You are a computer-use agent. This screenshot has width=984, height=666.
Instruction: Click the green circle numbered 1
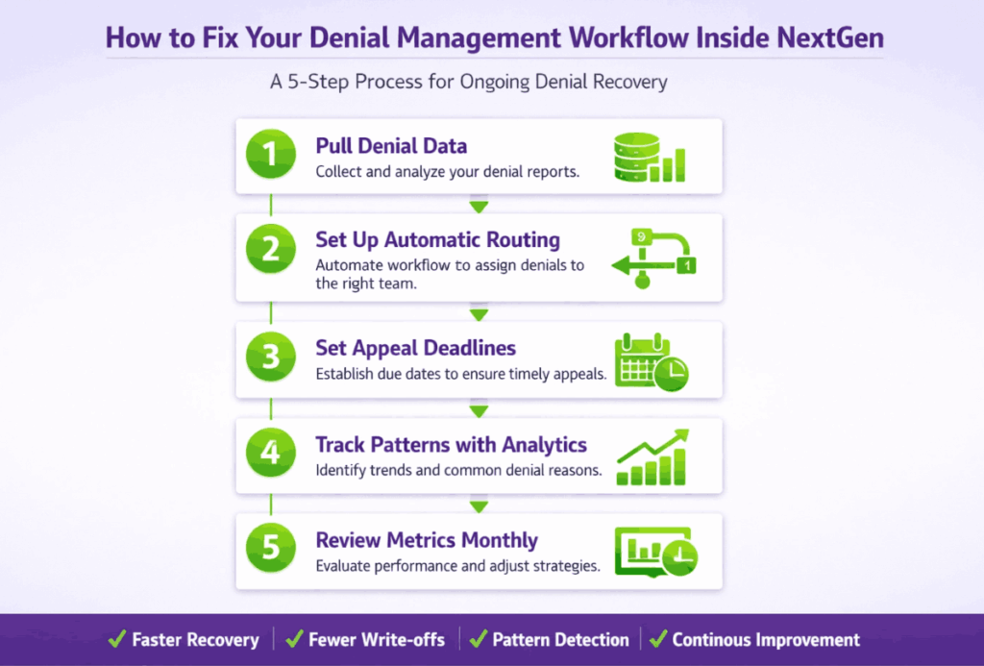pyautogui.click(x=270, y=154)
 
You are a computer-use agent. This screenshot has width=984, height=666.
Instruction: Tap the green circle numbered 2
pyautogui.click(x=270, y=249)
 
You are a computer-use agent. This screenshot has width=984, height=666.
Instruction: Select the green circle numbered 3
pyautogui.click(x=270, y=357)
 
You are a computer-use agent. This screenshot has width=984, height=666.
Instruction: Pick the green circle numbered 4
pyautogui.click(x=270, y=452)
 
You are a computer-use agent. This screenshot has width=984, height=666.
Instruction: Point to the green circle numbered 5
pyautogui.click(x=270, y=548)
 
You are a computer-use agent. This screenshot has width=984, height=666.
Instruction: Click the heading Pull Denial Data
pyautogui.click(x=391, y=146)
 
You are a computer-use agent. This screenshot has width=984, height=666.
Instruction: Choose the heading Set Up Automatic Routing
pyautogui.click(x=437, y=240)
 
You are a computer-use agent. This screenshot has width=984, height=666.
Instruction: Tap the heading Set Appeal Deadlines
pyautogui.click(x=415, y=348)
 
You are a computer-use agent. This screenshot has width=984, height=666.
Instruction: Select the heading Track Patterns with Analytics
pyautogui.click(x=451, y=444)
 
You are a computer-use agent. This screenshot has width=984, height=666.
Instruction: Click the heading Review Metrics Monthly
pyautogui.click(x=427, y=540)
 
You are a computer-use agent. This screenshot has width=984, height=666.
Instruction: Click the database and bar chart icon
pyautogui.click(x=650, y=158)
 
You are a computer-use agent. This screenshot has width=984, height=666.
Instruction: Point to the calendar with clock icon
pyautogui.click(x=652, y=362)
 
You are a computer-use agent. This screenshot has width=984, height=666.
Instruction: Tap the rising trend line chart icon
pyautogui.click(x=652, y=456)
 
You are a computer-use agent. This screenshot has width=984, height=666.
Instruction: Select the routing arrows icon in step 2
pyautogui.click(x=653, y=259)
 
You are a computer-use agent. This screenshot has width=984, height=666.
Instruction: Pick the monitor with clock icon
pyautogui.click(x=655, y=552)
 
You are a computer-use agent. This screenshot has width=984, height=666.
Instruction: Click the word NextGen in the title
pyautogui.click(x=830, y=37)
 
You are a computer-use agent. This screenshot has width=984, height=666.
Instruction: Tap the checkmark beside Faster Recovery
pyautogui.click(x=117, y=639)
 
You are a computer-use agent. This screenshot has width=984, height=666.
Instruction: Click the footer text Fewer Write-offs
pyautogui.click(x=377, y=640)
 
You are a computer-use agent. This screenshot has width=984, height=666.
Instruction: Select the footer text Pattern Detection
pyautogui.click(x=560, y=640)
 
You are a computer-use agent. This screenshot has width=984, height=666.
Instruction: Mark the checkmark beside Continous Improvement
pyautogui.click(x=658, y=639)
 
